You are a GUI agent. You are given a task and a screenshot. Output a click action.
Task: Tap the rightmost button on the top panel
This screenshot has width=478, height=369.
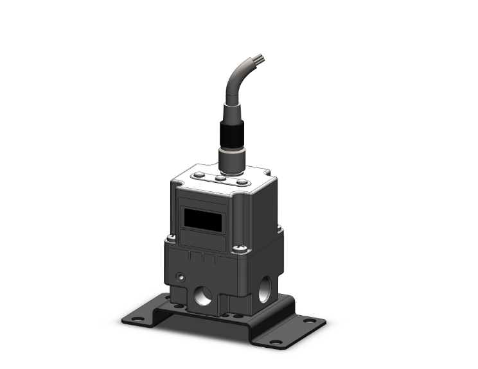pyautogui.click(x=241, y=182)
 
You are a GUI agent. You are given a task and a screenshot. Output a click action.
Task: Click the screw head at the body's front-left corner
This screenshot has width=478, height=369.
pyautogui.click(x=170, y=239)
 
